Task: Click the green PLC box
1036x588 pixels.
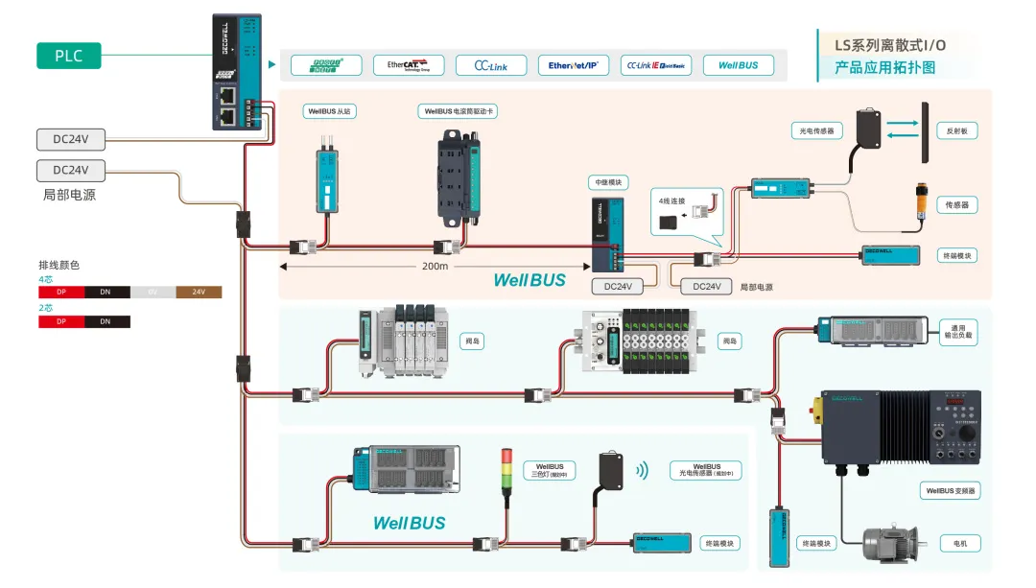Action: pos(68,56)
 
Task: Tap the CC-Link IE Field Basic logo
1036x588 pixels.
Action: pos(656,65)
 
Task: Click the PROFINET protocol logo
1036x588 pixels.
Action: pos(326,65)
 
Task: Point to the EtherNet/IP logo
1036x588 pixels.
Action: pos(573,65)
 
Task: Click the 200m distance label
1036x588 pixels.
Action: pos(436,266)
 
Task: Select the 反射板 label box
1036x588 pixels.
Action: pos(956,131)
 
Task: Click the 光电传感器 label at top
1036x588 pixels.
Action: pos(812,130)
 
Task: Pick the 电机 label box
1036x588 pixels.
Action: pos(960,544)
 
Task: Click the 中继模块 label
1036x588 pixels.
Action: pos(606,182)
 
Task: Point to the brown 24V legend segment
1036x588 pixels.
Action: pos(199,292)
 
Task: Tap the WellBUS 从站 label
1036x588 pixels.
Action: pos(329,111)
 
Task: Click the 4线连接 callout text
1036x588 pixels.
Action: pos(670,200)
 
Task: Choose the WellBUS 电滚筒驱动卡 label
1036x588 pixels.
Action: pos(459,111)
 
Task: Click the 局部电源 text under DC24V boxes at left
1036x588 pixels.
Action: pos(70,195)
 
